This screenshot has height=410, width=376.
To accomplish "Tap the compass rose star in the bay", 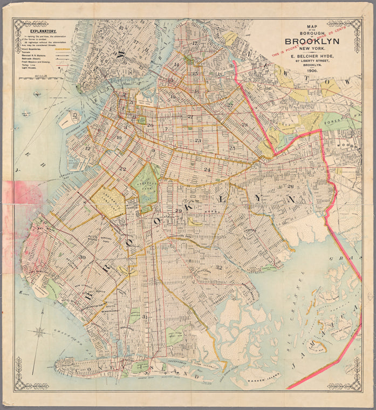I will point(39,332).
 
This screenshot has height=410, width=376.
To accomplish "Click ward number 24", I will point(207,169).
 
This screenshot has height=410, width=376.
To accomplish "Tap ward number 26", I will point(290,186).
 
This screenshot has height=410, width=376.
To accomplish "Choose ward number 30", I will point(82,257).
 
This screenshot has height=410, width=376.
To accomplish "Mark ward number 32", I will point(218,267).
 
